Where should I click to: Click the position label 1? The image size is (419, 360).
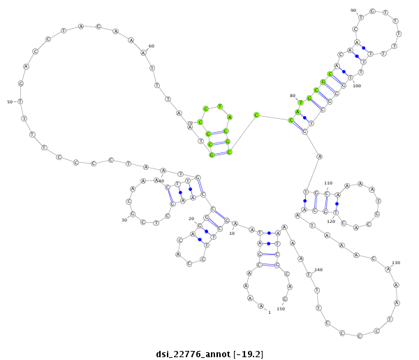(x=269, y=312)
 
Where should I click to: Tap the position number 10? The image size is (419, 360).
(x=233, y=233)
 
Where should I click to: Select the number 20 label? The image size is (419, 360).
(x=191, y=219)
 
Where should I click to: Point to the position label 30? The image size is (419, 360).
(x=124, y=220)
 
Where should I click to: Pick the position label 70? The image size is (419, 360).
(x=189, y=123)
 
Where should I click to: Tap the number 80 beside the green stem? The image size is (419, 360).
(x=293, y=96)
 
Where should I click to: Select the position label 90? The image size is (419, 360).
(x=353, y=10)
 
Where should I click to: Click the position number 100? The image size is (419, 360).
(x=357, y=86)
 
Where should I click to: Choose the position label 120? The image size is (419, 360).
(x=331, y=222)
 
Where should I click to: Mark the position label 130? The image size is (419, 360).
(x=396, y=263)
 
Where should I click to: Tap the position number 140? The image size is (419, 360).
(x=318, y=270)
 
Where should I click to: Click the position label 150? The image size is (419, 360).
(x=281, y=308)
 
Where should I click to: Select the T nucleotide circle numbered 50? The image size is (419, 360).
(x=20, y=102)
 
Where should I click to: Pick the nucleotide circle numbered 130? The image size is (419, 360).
(x=388, y=269)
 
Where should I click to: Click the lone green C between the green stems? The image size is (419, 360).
(x=256, y=115)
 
